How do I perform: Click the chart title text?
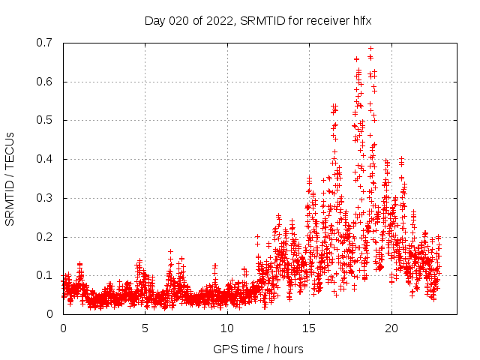point(258,20)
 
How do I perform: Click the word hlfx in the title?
point(361,20)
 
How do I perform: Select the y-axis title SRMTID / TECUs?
point(10,178)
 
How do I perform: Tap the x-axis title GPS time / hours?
point(258,349)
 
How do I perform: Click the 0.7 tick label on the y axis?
point(46,43)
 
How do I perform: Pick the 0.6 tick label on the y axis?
point(46,82)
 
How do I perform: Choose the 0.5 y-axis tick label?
point(46,120)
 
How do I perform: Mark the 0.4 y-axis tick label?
point(46,159)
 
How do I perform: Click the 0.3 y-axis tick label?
point(46,198)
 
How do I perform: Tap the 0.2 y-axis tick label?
point(46,237)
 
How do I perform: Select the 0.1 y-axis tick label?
point(46,275)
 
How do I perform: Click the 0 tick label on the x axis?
point(63,328)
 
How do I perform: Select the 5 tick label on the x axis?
point(145,328)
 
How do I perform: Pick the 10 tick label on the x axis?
point(227,328)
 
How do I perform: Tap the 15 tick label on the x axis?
point(309,328)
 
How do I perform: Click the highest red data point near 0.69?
point(370,48)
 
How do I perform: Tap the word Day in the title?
point(154,20)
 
